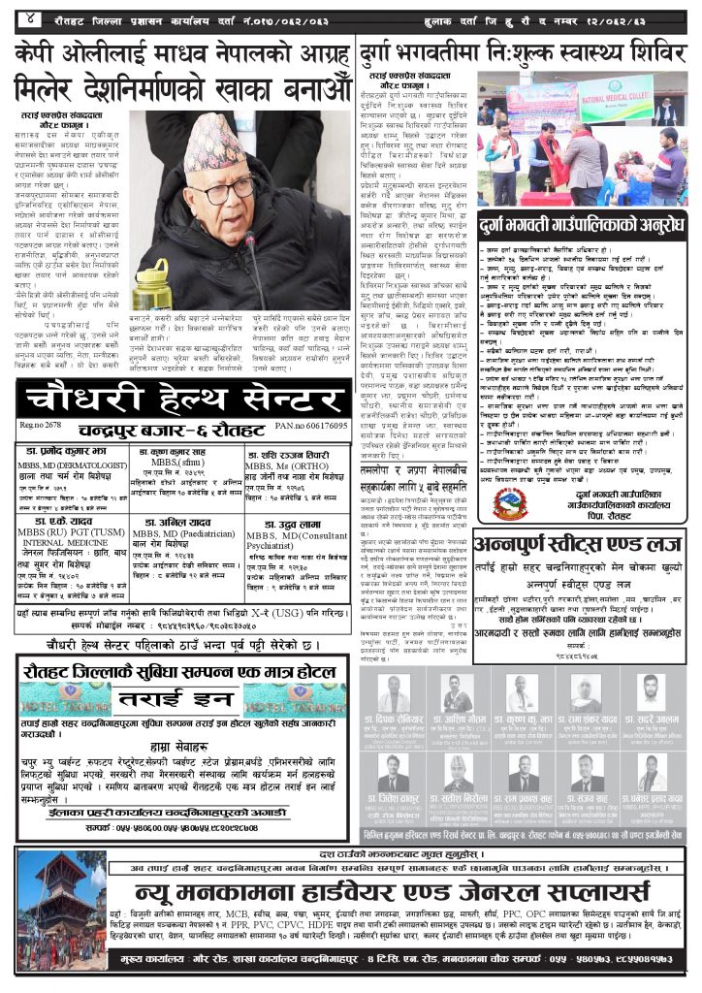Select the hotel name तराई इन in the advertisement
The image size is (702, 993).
182,699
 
